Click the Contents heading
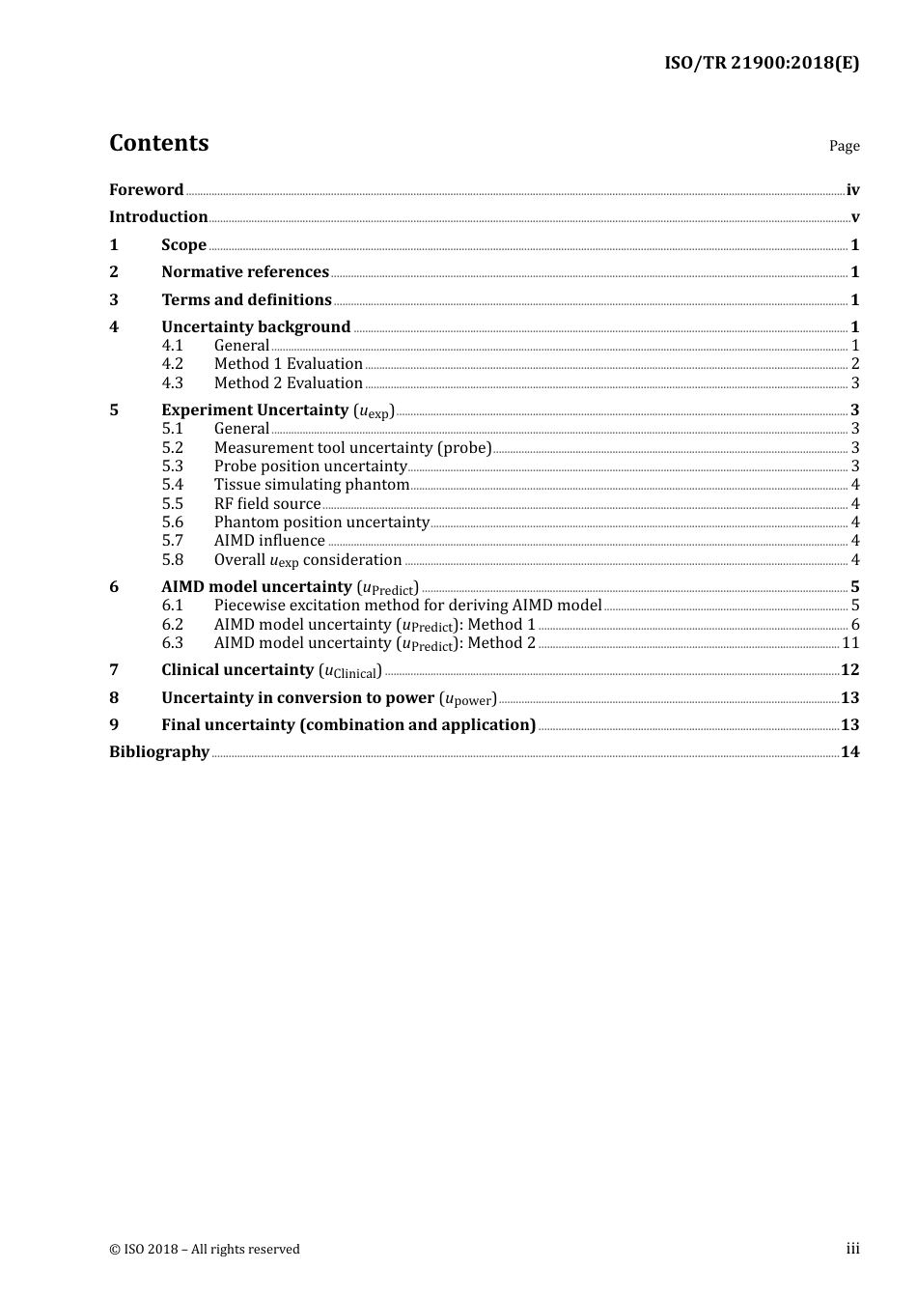pyautogui.click(x=158, y=143)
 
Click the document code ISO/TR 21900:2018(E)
pyautogui.click(x=761, y=63)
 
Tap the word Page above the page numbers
pyautogui.click(x=844, y=146)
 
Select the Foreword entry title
pyautogui.click(x=146, y=190)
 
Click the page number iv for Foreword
pyautogui.click(x=852, y=190)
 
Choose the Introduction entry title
pyautogui.click(x=158, y=217)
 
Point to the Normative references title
pyautogui.click(x=245, y=272)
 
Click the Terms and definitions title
pyautogui.click(x=246, y=300)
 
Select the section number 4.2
pyautogui.click(x=172, y=364)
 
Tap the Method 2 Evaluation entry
pyautogui.click(x=288, y=383)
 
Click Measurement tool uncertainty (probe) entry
pyautogui.click(x=352, y=448)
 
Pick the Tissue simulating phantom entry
pyautogui.click(x=312, y=485)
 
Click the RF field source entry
pyautogui.click(x=267, y=504)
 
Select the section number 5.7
pyautogui.click(x=172, y=541)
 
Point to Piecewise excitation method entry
pyautogui.click(x=407, y=606)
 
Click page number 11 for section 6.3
pyautogui.click(x=850, y=643)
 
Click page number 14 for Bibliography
pyautogui.click(x=849, y=752)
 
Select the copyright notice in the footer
pyautogui.click(x=205, y=1250)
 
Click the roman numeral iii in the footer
pyautogui.click(x=852, y=1249)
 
